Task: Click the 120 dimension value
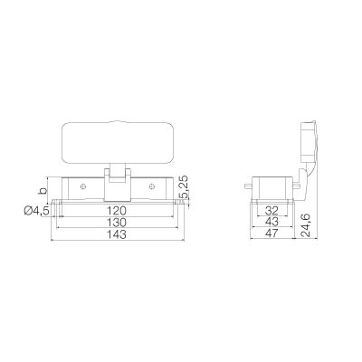point(117,211)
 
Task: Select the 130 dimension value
point(117,223)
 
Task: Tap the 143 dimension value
point(117,234)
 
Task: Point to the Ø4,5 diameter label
point(36,211)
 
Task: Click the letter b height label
point(44,190)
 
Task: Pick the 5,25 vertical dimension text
point(184,187)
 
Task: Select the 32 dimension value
point(271,211)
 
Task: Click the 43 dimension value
point(271,222)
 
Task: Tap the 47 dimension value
point(271,233)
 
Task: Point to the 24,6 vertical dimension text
point(305,224)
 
